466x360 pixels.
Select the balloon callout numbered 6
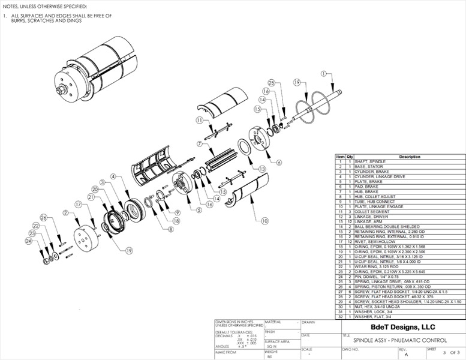click(279, 162)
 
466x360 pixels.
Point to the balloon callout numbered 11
click(199, 120)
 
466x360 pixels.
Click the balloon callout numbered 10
click(264, 220)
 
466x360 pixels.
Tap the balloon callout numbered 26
click(43, 217)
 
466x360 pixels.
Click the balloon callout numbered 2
click(64, 212)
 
